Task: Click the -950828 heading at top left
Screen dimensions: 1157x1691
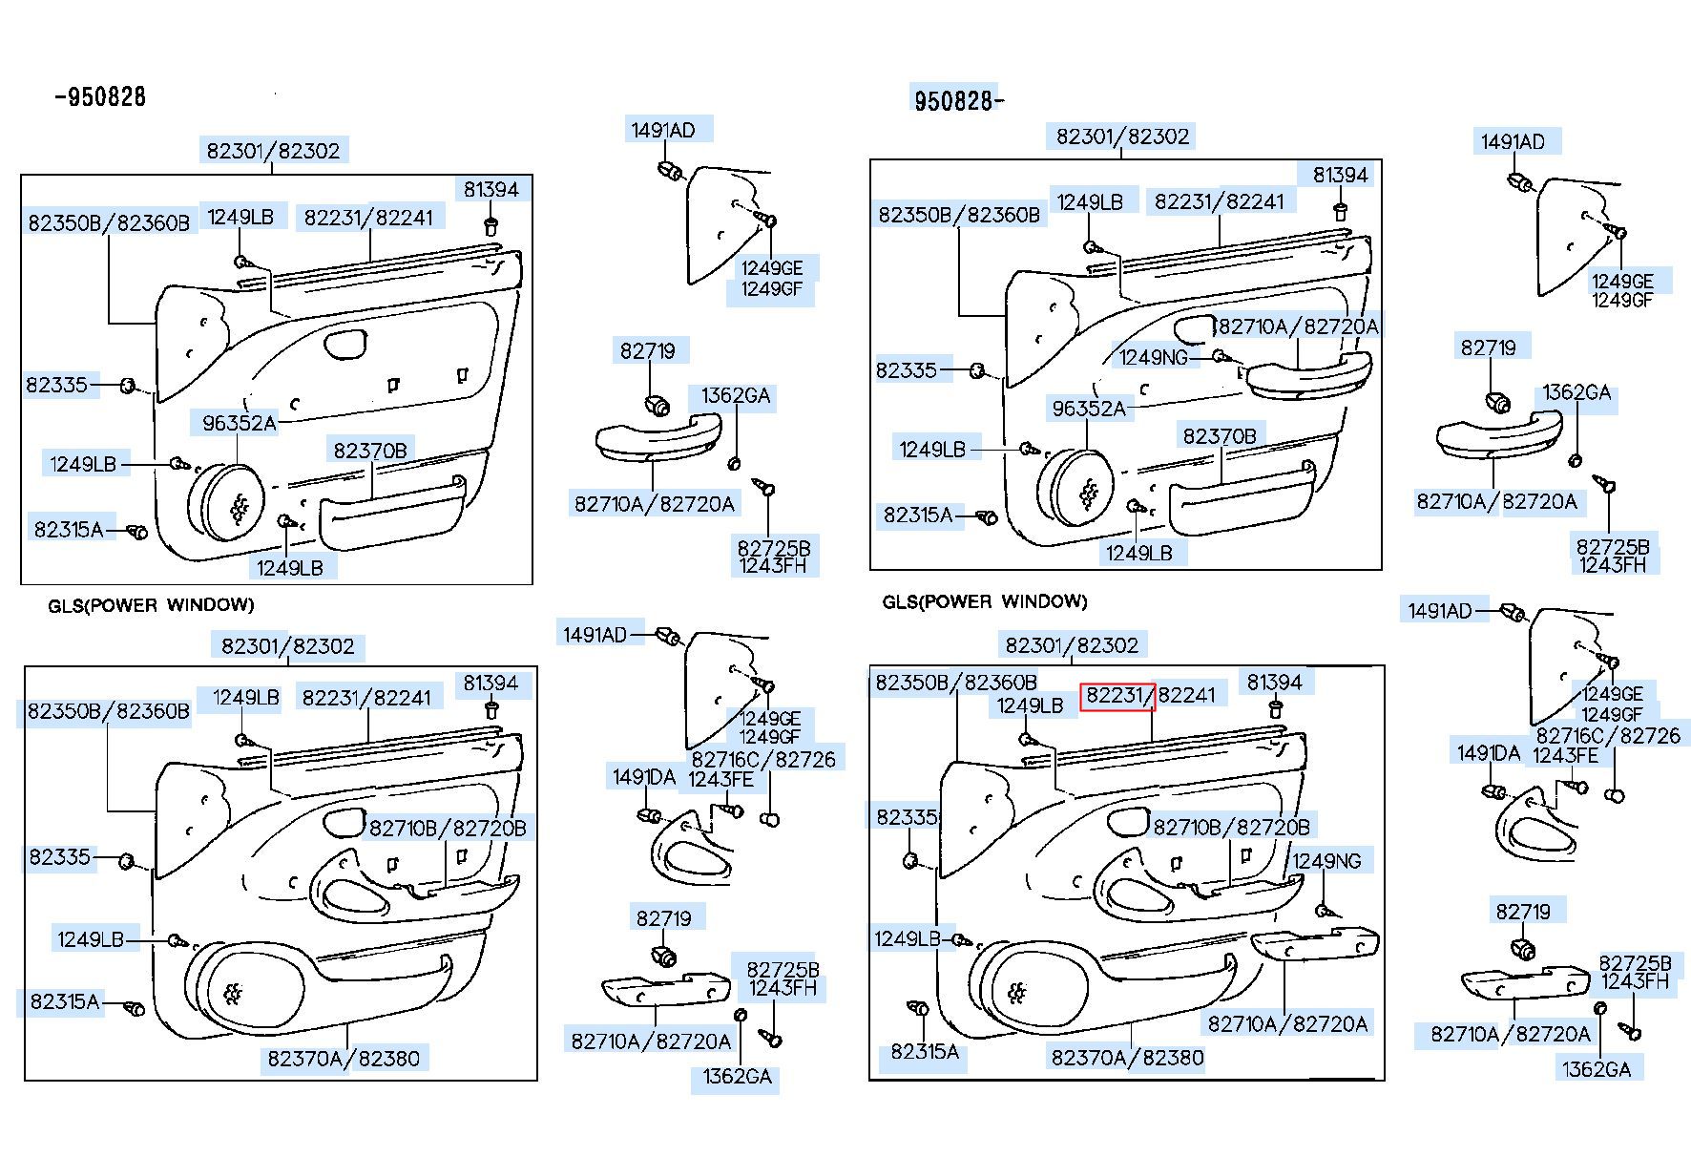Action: pos(100,96)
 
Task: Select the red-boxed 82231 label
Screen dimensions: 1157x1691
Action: pos(1117,697)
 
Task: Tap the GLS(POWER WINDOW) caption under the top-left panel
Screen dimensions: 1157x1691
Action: pos(151,605)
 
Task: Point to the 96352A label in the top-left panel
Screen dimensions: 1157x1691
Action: pos(239,422)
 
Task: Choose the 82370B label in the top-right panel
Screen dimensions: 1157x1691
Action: pos(1220,436)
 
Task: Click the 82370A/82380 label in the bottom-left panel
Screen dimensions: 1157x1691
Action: pos(343,1058)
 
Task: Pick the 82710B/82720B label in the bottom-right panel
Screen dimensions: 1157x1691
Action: pos(1231,827)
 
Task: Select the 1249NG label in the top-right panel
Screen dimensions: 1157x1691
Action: pos(1154,357)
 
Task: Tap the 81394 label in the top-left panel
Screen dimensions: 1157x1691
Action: pos(491,190)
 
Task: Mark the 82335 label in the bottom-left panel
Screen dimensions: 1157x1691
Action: pos(59,856)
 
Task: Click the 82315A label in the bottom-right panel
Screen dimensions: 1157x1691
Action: pos(924,1051)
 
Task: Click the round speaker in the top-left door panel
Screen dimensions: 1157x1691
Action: pos(232,504)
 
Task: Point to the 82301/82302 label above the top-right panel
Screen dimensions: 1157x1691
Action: pos(1122,137)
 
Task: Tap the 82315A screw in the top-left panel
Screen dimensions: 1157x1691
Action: pos(137,531)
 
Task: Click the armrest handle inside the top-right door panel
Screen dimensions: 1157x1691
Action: pos(1307,375)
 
